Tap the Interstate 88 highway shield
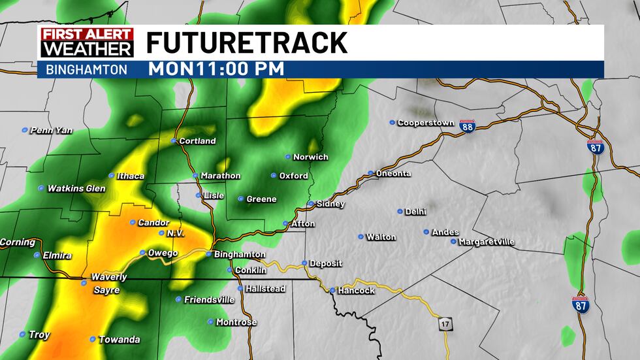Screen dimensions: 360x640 click(467, 126)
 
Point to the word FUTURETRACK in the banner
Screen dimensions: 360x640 click(246, 43)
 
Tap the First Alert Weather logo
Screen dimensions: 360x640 click(87, 42)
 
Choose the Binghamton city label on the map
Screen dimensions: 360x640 click(240, 254)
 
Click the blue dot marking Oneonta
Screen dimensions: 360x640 click(370, 173)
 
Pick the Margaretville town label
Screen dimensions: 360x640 click(487, 242)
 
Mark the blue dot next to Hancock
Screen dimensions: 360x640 click(332, 290)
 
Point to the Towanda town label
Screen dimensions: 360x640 click(119, 340)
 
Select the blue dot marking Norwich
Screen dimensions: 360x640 click(287, 157)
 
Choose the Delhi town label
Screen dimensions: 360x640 click(415, 212)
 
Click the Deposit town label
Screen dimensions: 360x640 click(325, 263)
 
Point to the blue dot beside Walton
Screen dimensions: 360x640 click(360, 237)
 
